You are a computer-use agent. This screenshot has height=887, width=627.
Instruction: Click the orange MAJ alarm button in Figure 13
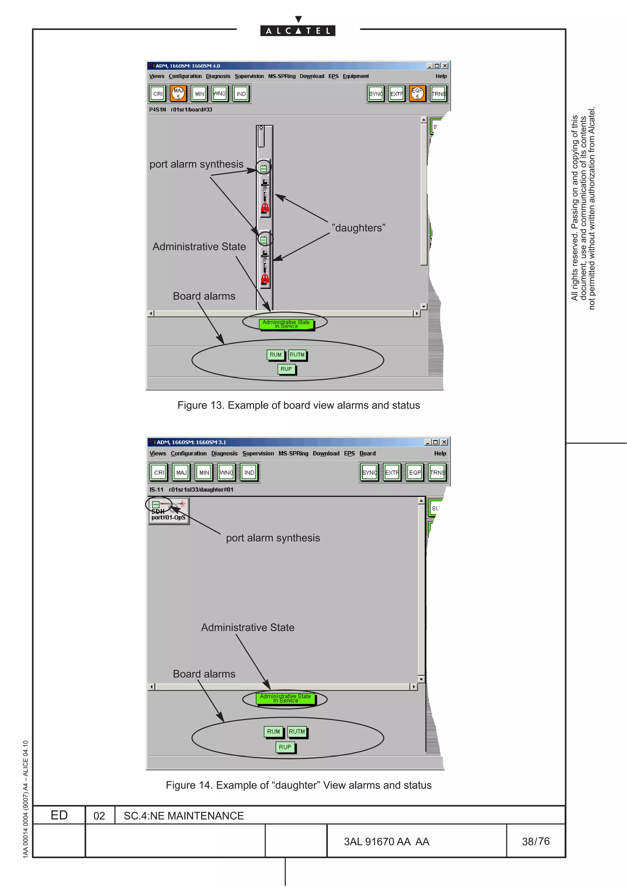178,93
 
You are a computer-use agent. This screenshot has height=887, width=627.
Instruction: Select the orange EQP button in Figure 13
417,93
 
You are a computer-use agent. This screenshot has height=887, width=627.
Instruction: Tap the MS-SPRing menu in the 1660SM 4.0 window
282,77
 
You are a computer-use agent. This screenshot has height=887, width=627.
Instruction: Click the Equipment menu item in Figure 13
355,77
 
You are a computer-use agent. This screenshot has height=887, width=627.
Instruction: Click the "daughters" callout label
358,228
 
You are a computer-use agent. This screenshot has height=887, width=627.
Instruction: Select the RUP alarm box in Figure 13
286,369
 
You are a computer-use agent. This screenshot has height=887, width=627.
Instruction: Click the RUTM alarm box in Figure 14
297,731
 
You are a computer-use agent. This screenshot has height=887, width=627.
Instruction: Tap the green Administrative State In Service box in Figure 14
286,698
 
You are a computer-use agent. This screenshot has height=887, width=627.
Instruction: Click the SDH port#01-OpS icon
168,511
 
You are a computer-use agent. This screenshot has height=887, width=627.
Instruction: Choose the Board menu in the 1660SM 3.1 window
367,453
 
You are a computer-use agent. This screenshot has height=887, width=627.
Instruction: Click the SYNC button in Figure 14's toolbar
369,472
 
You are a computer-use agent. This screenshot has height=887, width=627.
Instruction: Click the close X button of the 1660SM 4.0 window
445,66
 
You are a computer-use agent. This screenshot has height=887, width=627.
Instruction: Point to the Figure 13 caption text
298,405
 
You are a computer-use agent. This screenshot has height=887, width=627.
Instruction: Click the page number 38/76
535,841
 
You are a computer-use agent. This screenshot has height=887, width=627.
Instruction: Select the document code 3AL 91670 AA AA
386,841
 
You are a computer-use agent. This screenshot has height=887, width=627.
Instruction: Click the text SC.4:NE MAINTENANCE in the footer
183,815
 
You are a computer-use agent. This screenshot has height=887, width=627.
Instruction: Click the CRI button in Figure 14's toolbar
159,472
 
